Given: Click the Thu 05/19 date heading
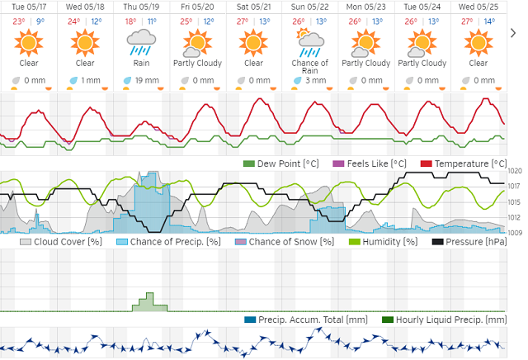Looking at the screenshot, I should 141,6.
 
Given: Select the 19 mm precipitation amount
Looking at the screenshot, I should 146,80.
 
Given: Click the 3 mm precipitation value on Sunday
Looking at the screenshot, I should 315,80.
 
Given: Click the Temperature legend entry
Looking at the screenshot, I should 464,164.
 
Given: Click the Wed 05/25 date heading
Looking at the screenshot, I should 478,6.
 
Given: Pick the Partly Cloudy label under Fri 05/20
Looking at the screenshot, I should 197,63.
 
